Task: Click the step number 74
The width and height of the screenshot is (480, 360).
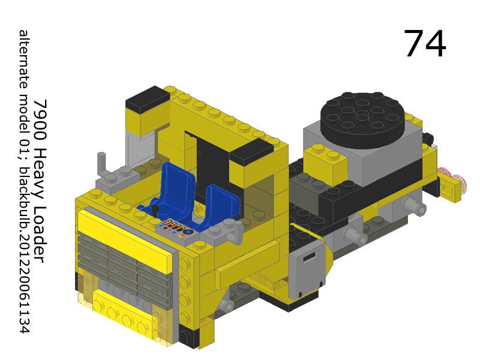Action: pos(424,44)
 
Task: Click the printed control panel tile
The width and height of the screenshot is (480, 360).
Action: pos(175,228)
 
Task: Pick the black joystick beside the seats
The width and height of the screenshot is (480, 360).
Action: pos(154,211)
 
